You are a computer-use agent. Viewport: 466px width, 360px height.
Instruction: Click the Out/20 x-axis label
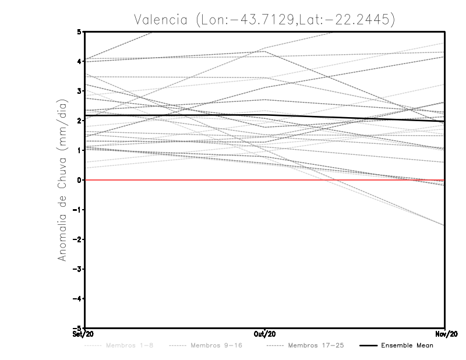point(266,334)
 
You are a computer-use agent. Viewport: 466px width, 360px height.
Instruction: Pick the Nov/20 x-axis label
point(445,334)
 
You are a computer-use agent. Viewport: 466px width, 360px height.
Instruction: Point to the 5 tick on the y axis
point(79,31)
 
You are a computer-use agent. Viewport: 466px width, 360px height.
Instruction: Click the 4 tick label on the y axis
point(79,61)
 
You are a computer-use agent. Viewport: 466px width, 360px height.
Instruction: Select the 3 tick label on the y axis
point(79,91)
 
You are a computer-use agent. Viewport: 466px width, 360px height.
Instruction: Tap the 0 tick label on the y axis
point(79,180)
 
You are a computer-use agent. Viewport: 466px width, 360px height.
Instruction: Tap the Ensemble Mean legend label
point(407,345)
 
